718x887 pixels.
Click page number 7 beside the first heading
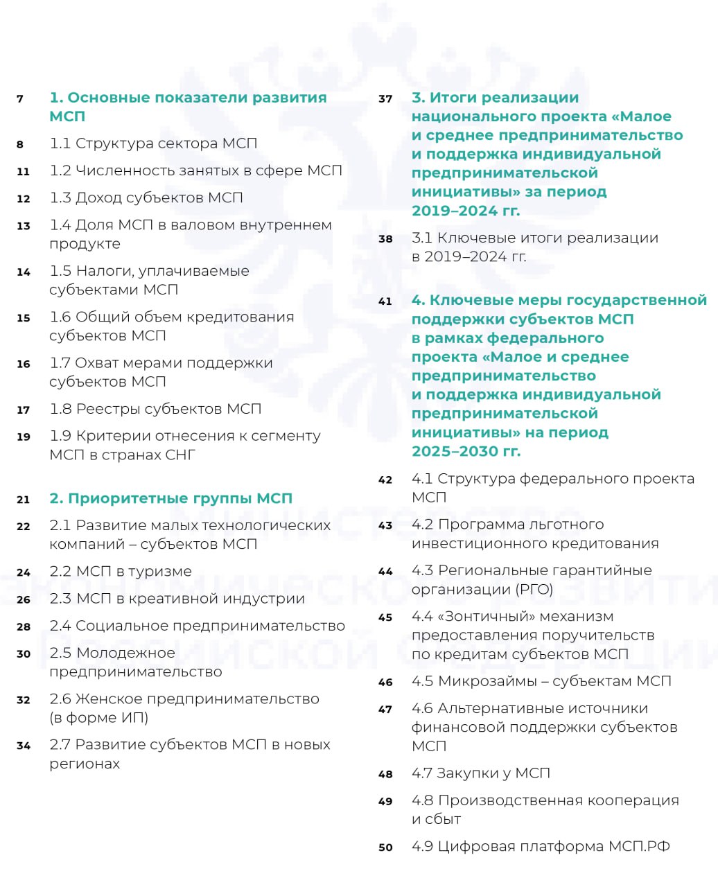20,99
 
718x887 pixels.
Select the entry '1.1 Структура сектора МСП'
153,143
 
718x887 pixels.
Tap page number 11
24,171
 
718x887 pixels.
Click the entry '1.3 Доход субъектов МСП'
146,198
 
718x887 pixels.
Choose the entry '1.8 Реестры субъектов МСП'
155,409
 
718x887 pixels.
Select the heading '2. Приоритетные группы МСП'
170,498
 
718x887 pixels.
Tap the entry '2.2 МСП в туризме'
121,572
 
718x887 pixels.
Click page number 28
24,626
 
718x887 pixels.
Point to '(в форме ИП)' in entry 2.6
99,718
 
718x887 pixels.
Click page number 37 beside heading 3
385,99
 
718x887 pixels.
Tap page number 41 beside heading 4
385,301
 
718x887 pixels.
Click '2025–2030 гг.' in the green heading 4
466,451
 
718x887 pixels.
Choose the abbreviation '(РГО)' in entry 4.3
531,590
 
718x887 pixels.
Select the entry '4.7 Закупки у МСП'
480,773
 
